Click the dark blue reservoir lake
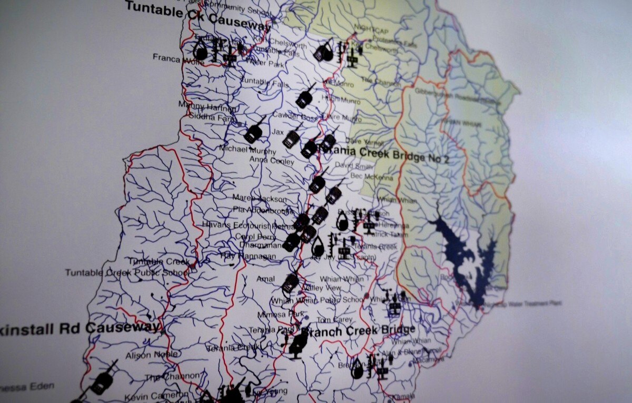point(463,258)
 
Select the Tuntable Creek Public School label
point(126,273)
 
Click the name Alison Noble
point(152,355)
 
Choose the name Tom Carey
point(334,320)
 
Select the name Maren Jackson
point(260,199)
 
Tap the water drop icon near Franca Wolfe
point(201,51)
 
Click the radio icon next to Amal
point(290,283)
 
